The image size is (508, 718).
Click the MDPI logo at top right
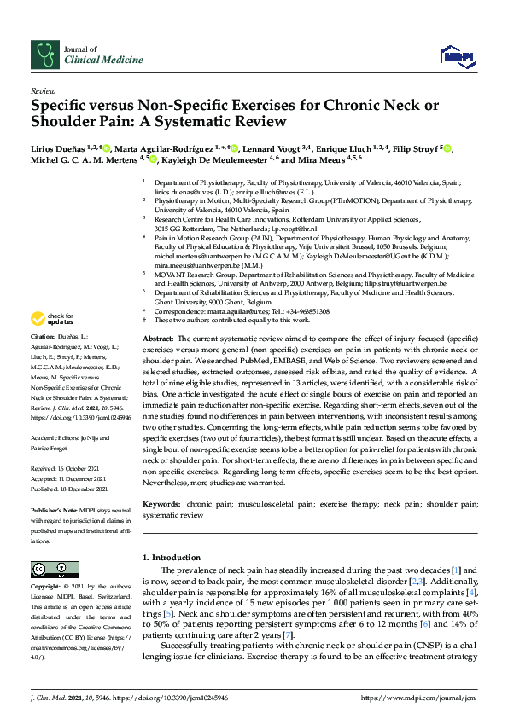tap(458, 56)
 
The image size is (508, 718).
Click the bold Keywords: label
tap(163, 505)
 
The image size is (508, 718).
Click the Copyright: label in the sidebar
tap(47, 588)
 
